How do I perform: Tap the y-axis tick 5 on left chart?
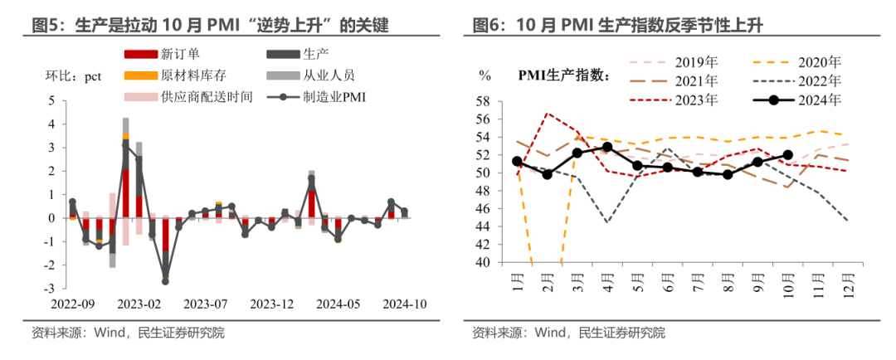tap(52, 100)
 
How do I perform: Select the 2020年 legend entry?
tap(818, 62)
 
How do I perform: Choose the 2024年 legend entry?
tap(818, 100)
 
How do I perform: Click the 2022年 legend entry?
tap(818, 81)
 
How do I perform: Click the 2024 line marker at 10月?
tap(787, 154)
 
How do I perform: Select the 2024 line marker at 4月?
tap(607, 147)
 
